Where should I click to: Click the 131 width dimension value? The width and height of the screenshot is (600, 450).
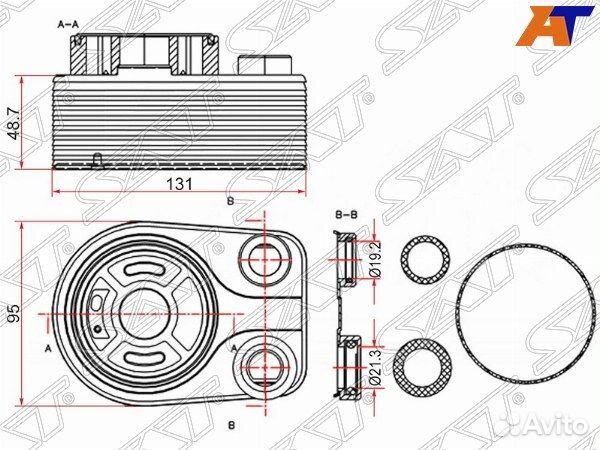[x=179, y=184]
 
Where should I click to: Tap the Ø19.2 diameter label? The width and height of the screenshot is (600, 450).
[x=376, y=258]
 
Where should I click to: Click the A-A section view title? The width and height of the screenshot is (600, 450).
[x=68, y=25]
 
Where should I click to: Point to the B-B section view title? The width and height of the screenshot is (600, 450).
[x=346, y=215]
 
